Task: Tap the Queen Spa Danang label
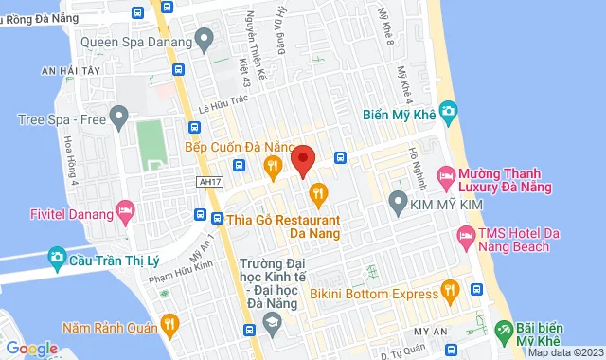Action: click(135, 42)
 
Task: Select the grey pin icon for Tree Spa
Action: click(118, 118)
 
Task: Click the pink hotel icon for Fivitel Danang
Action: click(124, 208)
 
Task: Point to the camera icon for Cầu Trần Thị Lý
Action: click(57, 257)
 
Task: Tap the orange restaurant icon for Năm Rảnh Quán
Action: click(169, 327)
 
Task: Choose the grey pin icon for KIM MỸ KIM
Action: click(399, 202)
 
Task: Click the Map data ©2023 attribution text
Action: click(564, 353)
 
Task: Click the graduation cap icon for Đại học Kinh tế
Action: click(272, 326)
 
